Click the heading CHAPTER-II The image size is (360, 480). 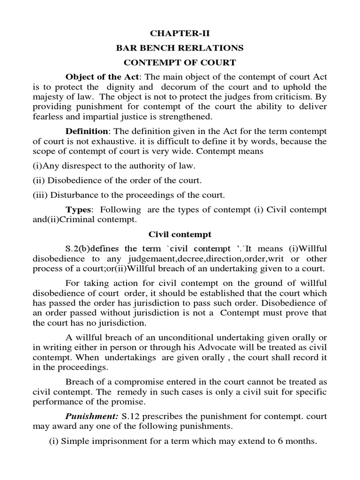tap(180, 34)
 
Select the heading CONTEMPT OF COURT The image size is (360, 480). tap(180, 62)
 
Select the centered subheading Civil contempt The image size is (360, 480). tap(180, 234)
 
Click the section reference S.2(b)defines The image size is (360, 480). tap(92, 249)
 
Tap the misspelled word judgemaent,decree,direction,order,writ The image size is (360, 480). tap(201, 259)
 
